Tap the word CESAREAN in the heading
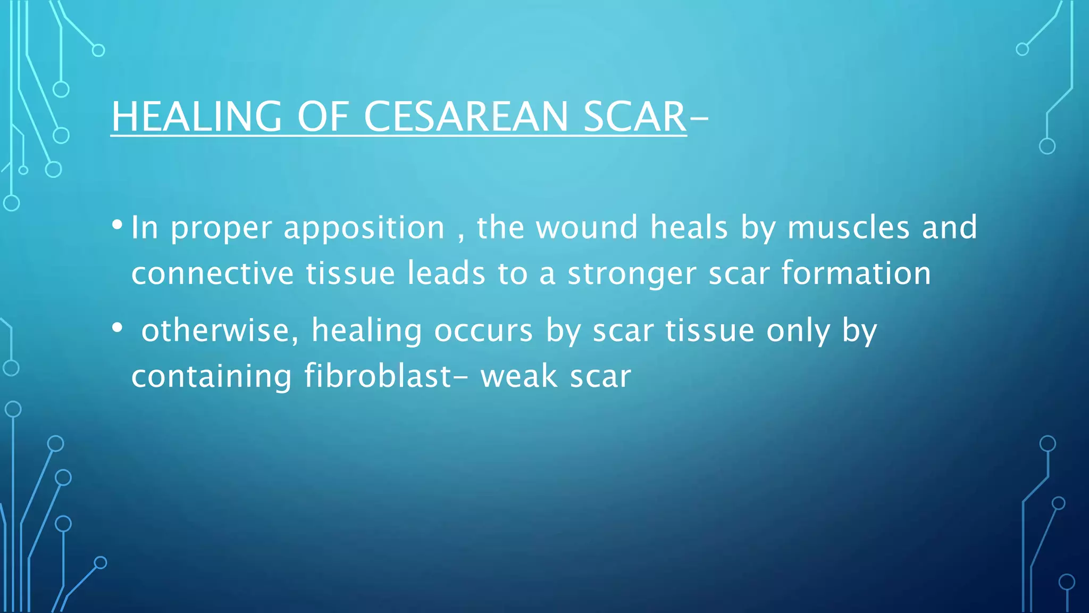click(x=466, y=117)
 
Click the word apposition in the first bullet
click(x=364, y=228)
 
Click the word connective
click(x=212, y=274)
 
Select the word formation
click(x=856, y=274)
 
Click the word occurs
click(x=483, y=330)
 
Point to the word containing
click(x=212, y=376)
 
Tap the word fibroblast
click(x=378, y=376)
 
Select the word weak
click(x=518, y=376)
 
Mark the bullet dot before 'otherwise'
click(x=117, y=328)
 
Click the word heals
click(x=689, y=227)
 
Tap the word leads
click(x=447, y=274)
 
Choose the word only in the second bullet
click(x=798, y=332)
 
